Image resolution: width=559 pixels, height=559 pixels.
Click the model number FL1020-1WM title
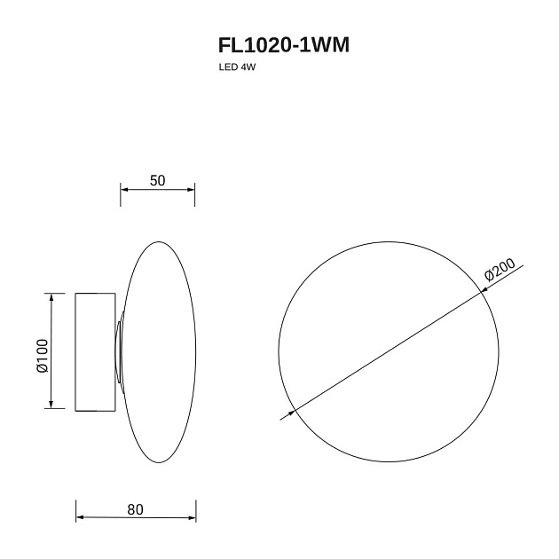(284, 45)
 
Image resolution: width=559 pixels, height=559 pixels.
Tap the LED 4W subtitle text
(237, 67)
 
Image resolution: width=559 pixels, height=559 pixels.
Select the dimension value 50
(157, 181)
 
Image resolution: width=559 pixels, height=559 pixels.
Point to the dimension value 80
(136, 510)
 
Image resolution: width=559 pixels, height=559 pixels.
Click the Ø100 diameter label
(42, 356)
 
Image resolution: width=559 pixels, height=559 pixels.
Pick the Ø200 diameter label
(500, 270)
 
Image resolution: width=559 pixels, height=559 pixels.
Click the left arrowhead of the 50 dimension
(124, 189)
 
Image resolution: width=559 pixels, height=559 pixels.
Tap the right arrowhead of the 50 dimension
(191, 189)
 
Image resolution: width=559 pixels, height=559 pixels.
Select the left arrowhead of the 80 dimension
(80, 517)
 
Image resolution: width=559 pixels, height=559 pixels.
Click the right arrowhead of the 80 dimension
(193, 517)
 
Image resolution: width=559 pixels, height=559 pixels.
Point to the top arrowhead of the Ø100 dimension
(51, 297)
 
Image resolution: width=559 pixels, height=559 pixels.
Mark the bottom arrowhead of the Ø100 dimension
(51, 405)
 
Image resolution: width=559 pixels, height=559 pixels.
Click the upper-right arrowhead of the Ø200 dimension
(484, 290)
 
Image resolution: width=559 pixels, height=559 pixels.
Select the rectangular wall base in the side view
(95, 352)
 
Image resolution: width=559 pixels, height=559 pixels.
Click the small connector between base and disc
(120, 352)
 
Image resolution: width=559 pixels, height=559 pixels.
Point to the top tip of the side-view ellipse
(159, 241)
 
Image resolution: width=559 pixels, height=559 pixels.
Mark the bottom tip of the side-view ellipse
(159, 463)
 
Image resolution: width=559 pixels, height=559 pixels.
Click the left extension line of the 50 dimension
(121, 194)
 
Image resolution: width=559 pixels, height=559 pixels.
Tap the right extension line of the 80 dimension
(196, 511)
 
